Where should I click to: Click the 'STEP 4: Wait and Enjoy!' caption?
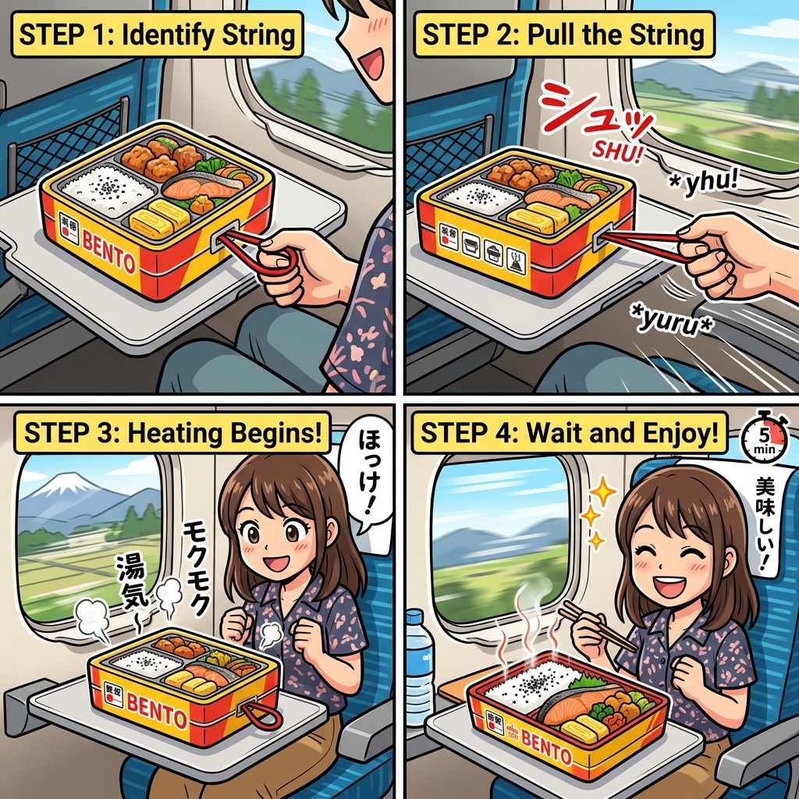pos(570,435)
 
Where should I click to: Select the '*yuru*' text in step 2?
pos(672,318)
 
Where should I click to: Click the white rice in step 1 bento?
pos(99,188)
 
